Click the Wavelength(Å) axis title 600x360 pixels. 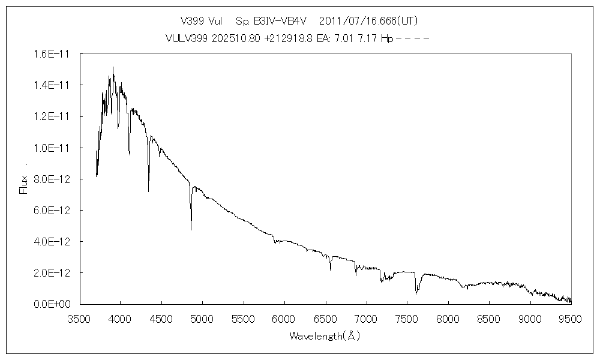tap(325, 336)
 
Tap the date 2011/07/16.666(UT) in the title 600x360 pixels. tap(368, 21)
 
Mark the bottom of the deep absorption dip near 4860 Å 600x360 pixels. tap(191, 230)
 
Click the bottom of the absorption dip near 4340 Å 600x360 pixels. tap(149, 191)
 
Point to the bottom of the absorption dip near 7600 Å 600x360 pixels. tap(416, 294)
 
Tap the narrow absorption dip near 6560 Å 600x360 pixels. tap(331, 270)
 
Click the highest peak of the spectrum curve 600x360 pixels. tap(113, 67)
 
